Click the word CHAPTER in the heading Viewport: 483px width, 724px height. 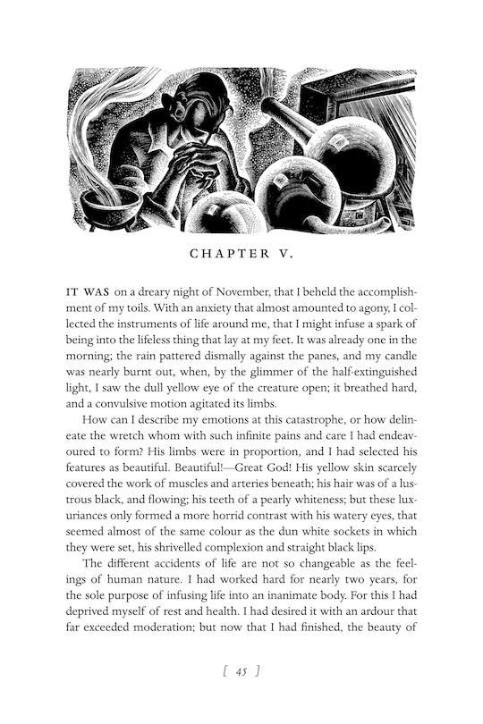[224, 255]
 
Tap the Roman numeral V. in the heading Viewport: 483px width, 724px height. [283, 255]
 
